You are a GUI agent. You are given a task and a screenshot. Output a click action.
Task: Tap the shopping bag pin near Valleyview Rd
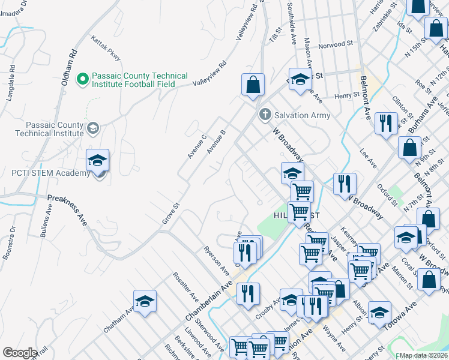click(253, 86)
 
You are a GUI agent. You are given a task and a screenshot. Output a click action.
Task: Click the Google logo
click(20, 353)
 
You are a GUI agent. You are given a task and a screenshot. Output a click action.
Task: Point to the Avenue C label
click(196, 146)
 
